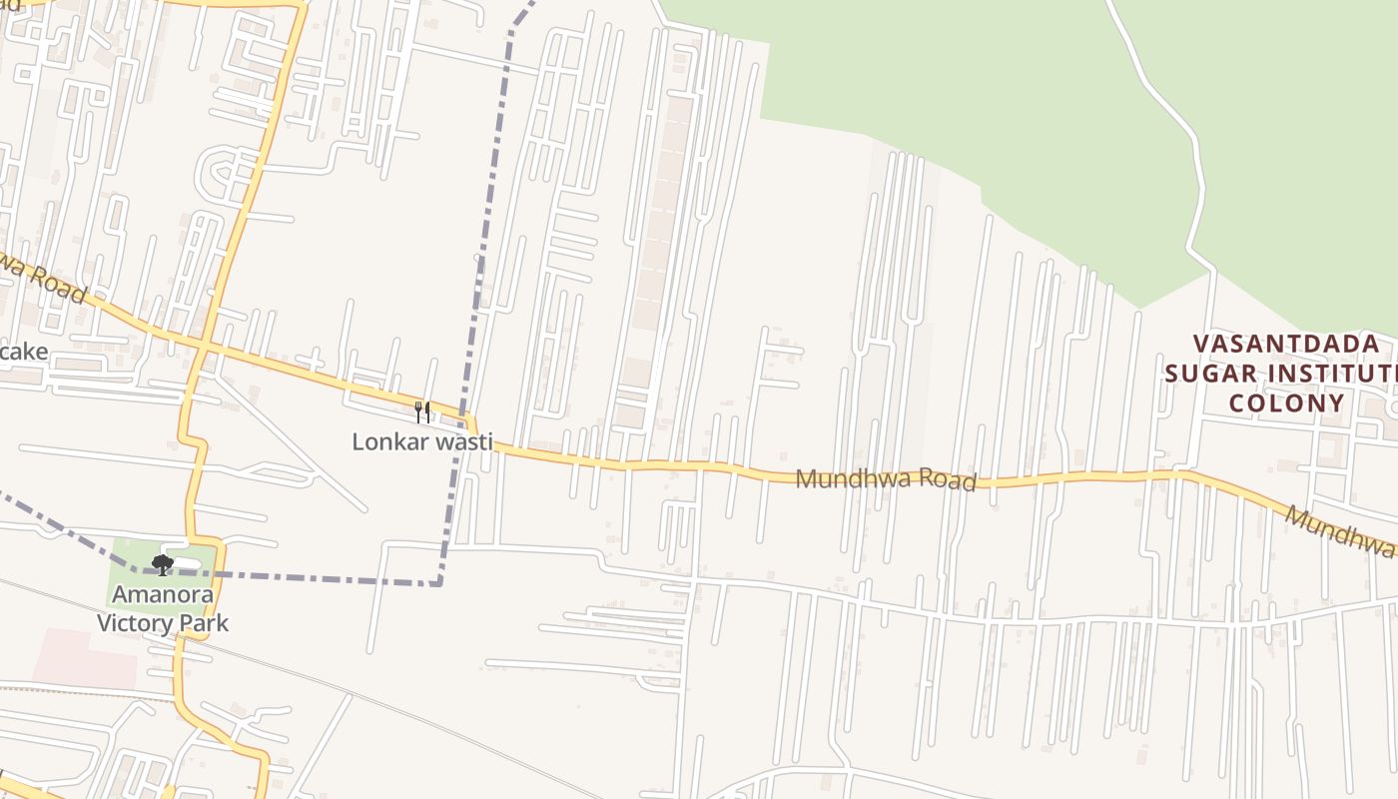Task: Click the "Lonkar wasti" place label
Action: coord(422,440)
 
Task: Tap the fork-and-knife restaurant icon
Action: coord(422,411)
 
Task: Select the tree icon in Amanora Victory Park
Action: coord(163,565)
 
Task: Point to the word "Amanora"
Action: coord(162,595)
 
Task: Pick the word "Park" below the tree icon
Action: coord(208,623)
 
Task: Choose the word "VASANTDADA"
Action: coord(1287,345)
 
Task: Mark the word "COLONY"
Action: coord(1286,403)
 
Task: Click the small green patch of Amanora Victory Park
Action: coord(130,555)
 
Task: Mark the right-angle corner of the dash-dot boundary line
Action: coord(439,583)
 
